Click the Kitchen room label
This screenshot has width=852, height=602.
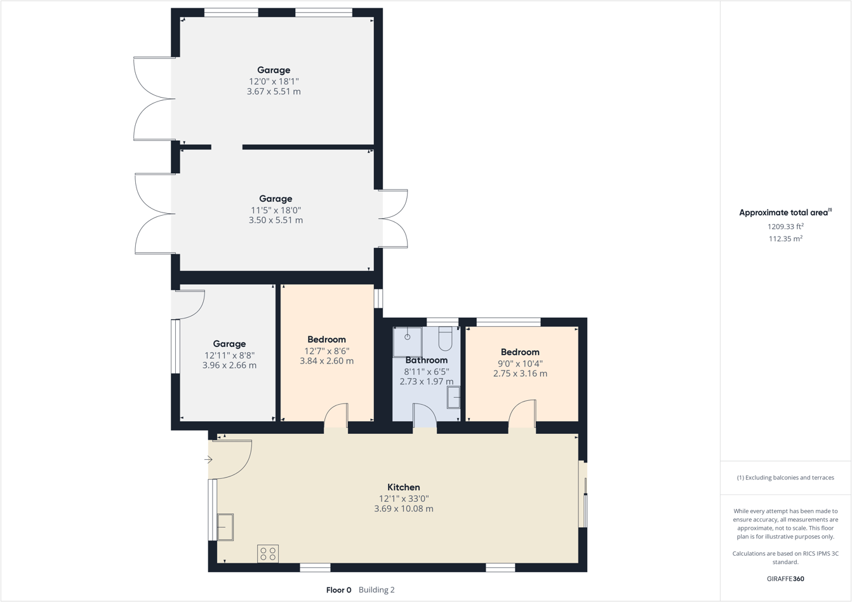pos(404,487)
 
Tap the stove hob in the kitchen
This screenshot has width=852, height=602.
pos(268,554)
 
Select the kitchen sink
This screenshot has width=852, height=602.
pos(225,527)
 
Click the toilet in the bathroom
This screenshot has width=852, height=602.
pos(445,339)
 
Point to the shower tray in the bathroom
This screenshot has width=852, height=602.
pos(407,342)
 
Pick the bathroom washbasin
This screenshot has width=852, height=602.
pos(454,398)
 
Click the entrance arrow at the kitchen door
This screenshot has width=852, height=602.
pos(208,460)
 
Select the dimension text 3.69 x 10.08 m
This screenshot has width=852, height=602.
pos(404,509)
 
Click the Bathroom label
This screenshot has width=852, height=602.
pos(427,360)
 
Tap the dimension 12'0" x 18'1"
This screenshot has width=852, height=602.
pos(274,81)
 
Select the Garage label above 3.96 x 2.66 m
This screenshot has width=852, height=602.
pos(229,344)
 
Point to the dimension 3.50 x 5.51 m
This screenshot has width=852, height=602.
pos(276,220)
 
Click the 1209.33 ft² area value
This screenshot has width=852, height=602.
pos(785,226)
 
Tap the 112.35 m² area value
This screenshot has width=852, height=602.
pos(785,239)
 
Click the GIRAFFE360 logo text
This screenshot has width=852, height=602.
pos(785,579)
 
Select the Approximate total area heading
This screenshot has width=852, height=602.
pos(785,213)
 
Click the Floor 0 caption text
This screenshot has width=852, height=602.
pos(338,590)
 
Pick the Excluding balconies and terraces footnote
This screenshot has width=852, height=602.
pos(785,478)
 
